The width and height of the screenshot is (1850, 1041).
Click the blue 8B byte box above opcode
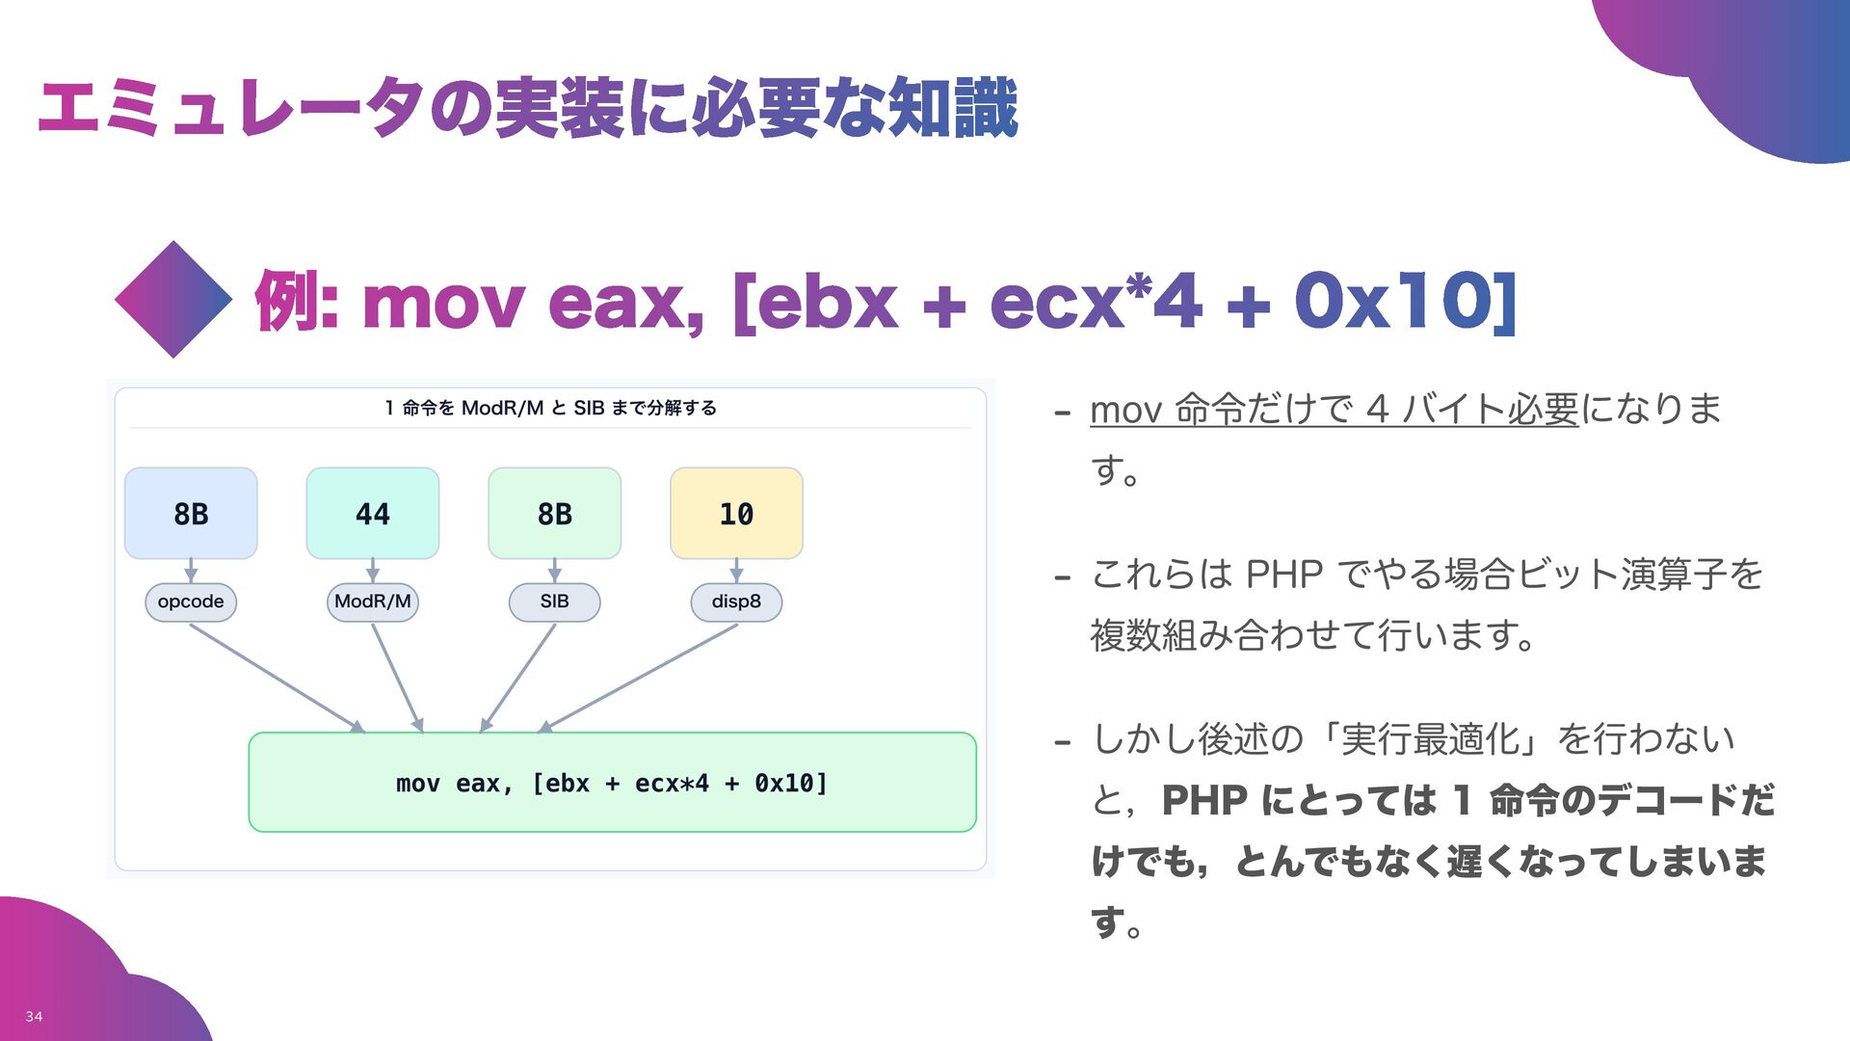[191, 514]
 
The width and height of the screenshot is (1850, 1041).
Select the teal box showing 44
[373, 514]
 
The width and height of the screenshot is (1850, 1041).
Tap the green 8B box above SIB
[554, 514]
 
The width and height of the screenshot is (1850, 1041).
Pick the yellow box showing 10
[736, 514]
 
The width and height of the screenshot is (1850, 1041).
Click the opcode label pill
[191, 601]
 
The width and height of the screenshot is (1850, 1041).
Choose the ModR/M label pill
[373, 601]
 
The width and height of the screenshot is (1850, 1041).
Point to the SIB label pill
[554, 601]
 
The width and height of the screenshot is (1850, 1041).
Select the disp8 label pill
[736, 601]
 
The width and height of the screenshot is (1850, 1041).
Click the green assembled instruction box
[612, 783]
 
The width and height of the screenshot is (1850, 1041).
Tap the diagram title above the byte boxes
[550, 408]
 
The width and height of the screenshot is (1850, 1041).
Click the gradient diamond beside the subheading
[173, 300]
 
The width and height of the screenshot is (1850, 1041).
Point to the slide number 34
[34, 1016]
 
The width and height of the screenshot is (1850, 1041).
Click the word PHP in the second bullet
[1283, 574]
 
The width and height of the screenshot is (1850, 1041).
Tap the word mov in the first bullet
[1125, 411]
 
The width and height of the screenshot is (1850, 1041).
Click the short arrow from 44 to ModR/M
[373, 571]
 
